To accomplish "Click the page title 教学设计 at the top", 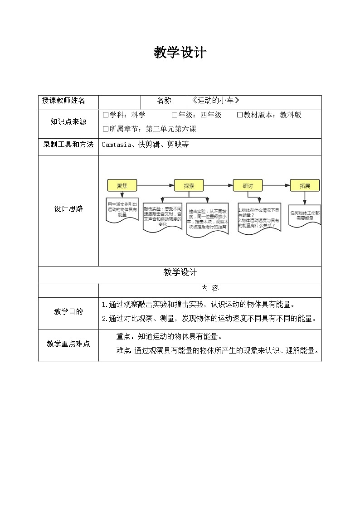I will click(180, 53).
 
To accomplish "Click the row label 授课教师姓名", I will click(63, 101).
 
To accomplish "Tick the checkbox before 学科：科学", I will click(106, 115).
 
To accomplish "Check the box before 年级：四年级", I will click(175, 115).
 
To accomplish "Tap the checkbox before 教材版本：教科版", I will click(240, 115).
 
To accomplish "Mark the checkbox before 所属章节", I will click(106, 129).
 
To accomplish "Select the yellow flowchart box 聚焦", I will click(122, 185).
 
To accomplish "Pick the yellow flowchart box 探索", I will click(189, 185).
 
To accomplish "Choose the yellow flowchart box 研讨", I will click(248, 185).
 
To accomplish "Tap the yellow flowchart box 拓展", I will click(305, 185).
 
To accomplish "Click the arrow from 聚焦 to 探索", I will click(156, 185).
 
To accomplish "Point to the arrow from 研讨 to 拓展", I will click(276, 185).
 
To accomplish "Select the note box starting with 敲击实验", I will click(162, 217).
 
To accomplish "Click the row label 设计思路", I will click(68, 209).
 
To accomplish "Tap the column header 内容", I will click(209, 289).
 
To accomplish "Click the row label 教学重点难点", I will click(68, 344).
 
